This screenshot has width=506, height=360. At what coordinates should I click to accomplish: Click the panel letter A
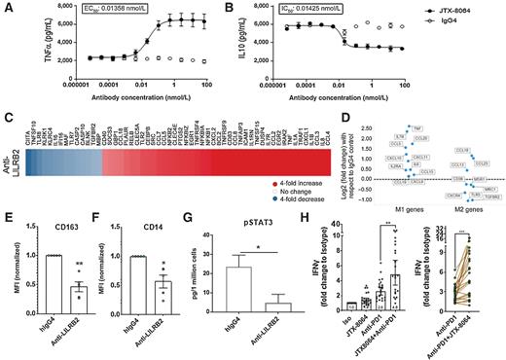pos(6,7)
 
